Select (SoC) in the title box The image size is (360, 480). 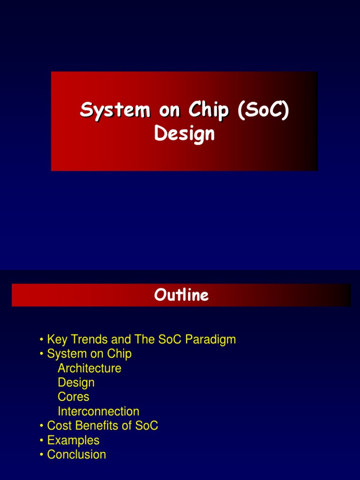(x=263, y=110)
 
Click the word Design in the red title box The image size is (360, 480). (x=184, y=134)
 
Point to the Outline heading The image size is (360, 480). (x=181, y=295)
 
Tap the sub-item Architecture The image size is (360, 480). (x=90, y=368)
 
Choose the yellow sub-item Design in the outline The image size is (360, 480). (x=76, y=383)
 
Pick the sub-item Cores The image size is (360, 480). (x=73, y=397)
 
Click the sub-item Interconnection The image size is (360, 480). (x=98, y=412)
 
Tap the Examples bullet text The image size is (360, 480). (x=73, y=441)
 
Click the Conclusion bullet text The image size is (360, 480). (x=76, y=455)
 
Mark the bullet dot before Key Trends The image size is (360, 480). (x=42, y=340)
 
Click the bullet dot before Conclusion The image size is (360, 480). (x=42, y=455)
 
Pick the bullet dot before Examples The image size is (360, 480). (x=42, y=441)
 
